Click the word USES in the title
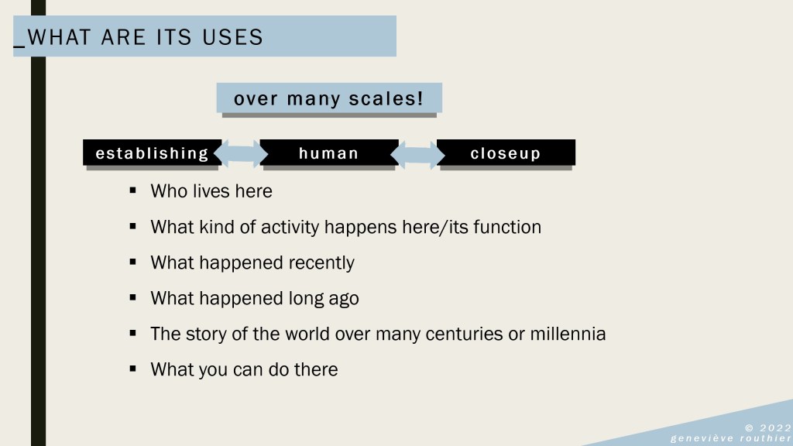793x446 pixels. [x=232, y=37]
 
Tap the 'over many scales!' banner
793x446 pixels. [x=329, y=98]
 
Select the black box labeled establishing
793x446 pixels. [x=153, y=153]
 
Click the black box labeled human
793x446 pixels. [x=329, y=153]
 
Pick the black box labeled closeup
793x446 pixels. [x=506, y=153]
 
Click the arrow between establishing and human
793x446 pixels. [x=241, y=154]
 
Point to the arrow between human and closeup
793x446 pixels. [x=417, y=154]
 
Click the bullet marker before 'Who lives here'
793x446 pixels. [x=133, y=190]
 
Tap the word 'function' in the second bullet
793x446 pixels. [x=507, y=227]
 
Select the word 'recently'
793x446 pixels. [x=321, y=263]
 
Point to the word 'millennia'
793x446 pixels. [x=568, y=334]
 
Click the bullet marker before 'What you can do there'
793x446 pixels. [x=133, y=369]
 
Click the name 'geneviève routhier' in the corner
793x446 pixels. [x=731, y=438]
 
